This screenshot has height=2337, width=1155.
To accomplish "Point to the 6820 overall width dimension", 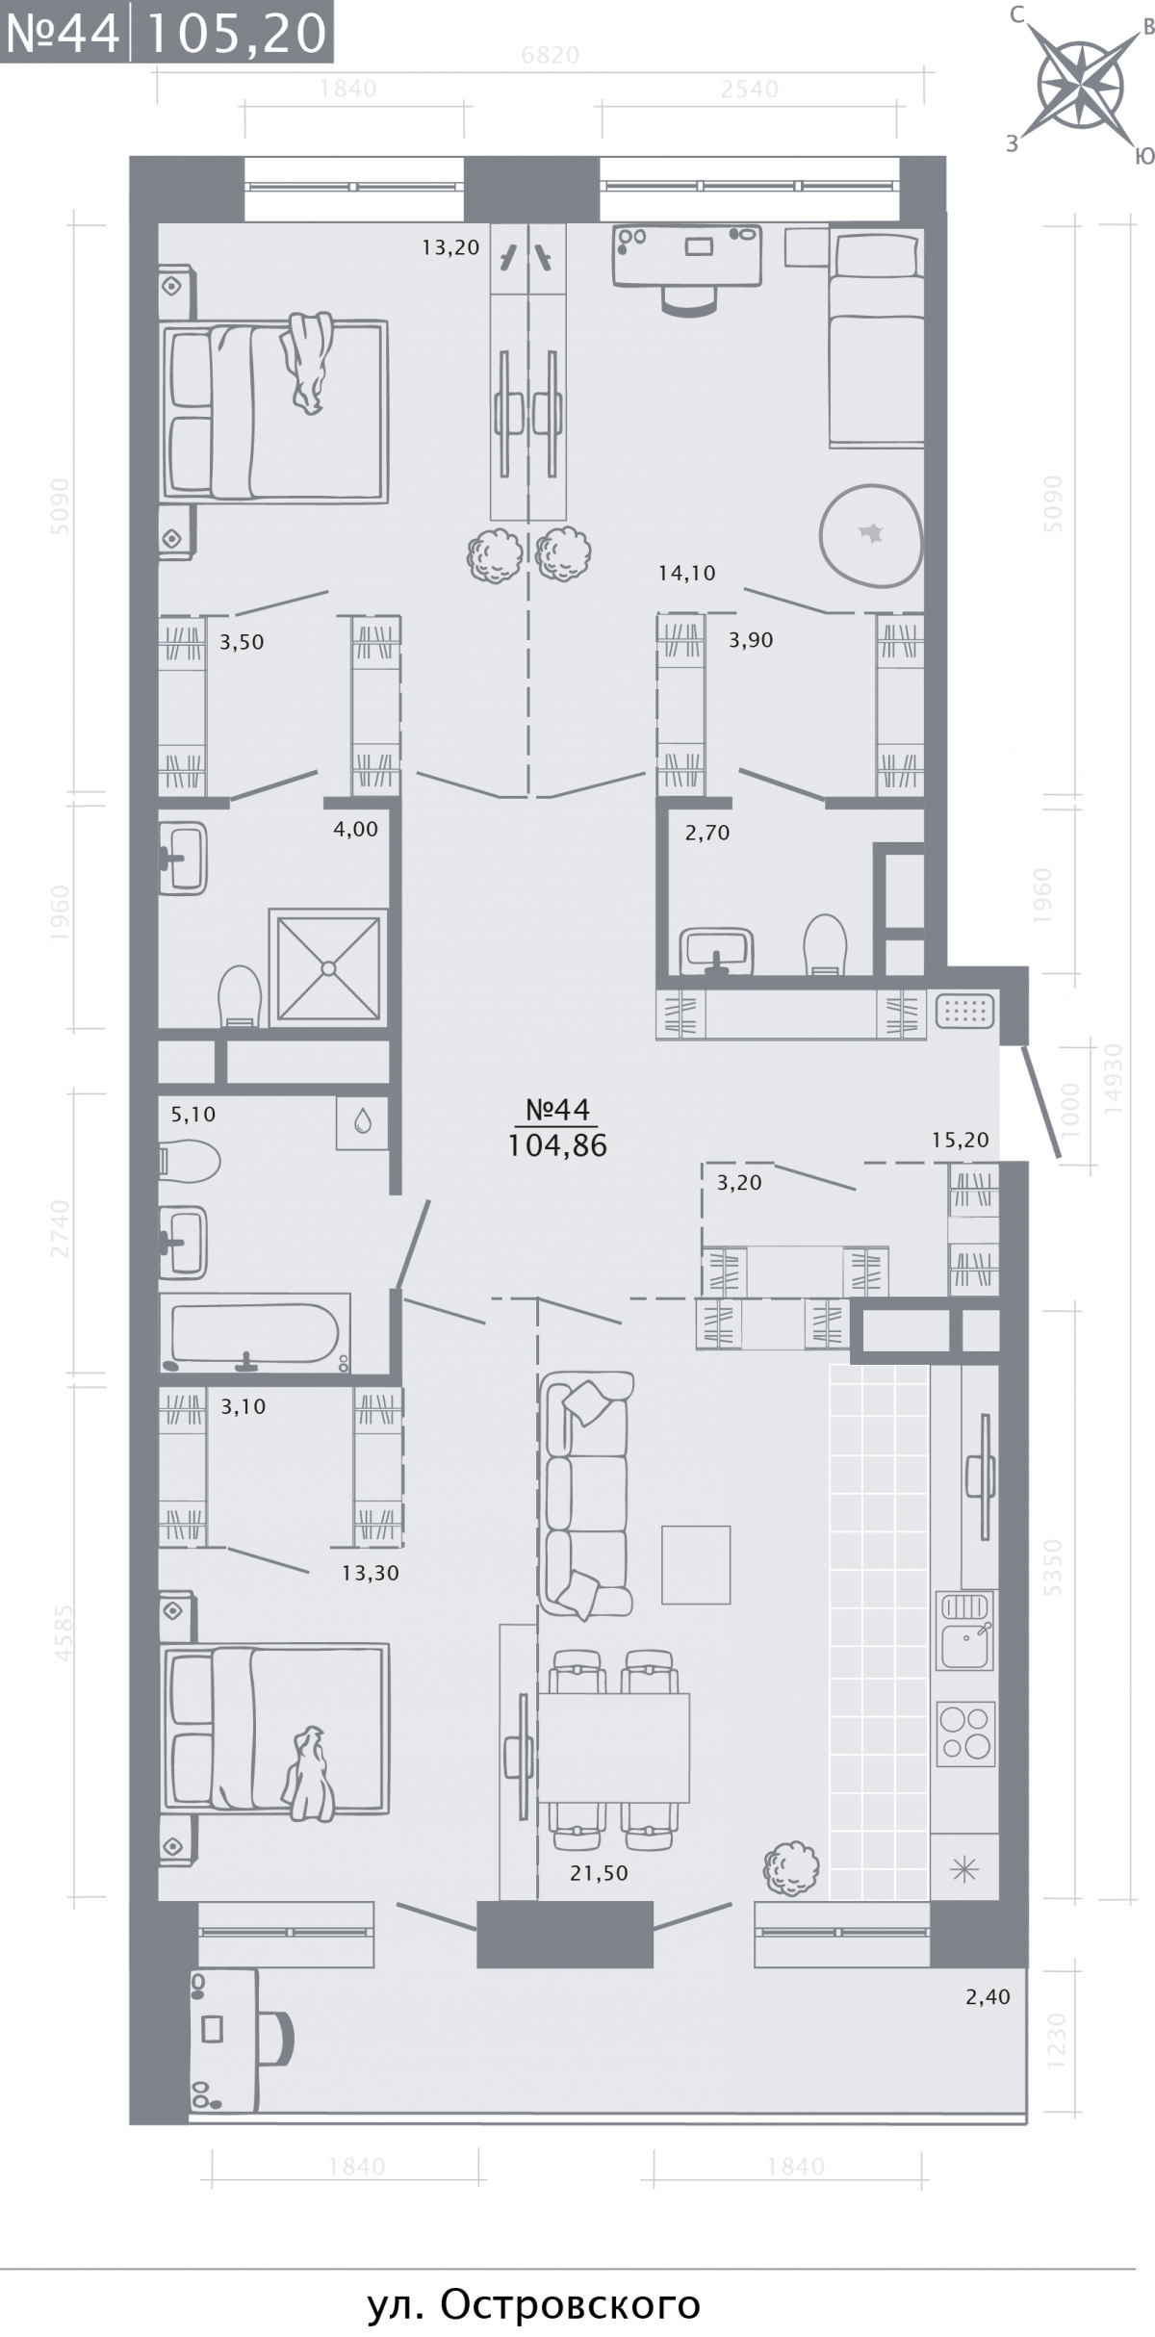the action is click(551, 56).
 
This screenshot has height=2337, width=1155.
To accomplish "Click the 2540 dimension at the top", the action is click(750, 90).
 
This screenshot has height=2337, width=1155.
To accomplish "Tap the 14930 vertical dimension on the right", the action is click(1114, 1078).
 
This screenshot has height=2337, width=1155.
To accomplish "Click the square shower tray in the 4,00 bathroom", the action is click(329, 966).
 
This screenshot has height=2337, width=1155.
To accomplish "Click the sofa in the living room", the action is click(586, 1495).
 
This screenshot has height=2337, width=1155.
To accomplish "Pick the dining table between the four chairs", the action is click(613, 1746).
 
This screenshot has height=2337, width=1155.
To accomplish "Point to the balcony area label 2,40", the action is click(988, 1996).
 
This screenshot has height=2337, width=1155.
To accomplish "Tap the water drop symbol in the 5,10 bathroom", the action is click(363, 1121).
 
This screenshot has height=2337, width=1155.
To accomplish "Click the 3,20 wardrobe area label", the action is click(739, 1183).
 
